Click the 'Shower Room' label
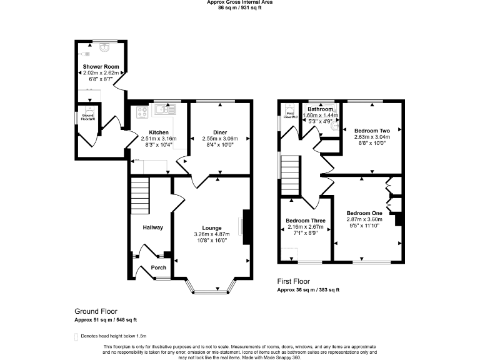101,66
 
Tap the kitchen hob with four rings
142,112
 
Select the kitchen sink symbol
166,111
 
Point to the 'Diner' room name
219,132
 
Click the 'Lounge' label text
212,227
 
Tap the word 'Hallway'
152,227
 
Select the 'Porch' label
159,268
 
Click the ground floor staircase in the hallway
141,196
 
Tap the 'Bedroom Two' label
372,130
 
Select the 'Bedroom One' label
364,213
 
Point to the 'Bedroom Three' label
305,221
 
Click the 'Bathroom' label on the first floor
320,109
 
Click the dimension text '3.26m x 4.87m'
212,234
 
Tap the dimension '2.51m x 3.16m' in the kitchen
159,138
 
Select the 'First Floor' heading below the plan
293,281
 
